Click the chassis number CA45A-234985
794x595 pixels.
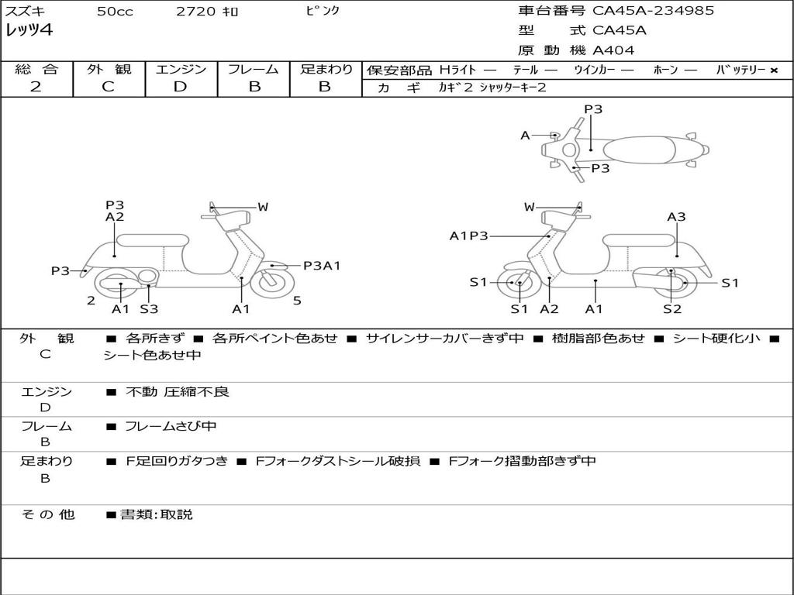pos(653,11)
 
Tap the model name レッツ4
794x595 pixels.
pos(29,31)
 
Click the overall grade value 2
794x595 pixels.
pos(36,87)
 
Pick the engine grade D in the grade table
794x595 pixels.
pos(180,87)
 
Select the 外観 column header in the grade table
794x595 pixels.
pos(109,70)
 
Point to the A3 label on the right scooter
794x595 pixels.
pos(676,217)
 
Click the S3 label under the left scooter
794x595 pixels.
pos(149,309)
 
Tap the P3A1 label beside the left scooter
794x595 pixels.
pos(322,266)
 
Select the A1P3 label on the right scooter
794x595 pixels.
pos(468,236)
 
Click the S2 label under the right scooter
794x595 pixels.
pos(671,309)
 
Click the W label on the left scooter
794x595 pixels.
pos(263,207)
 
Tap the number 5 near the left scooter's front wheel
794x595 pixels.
pos(297,301)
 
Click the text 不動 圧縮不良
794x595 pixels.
pos(178,392)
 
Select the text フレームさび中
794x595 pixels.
pos(171,426)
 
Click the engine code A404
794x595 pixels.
pos(613,50)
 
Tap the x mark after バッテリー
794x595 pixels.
pos(773,71)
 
